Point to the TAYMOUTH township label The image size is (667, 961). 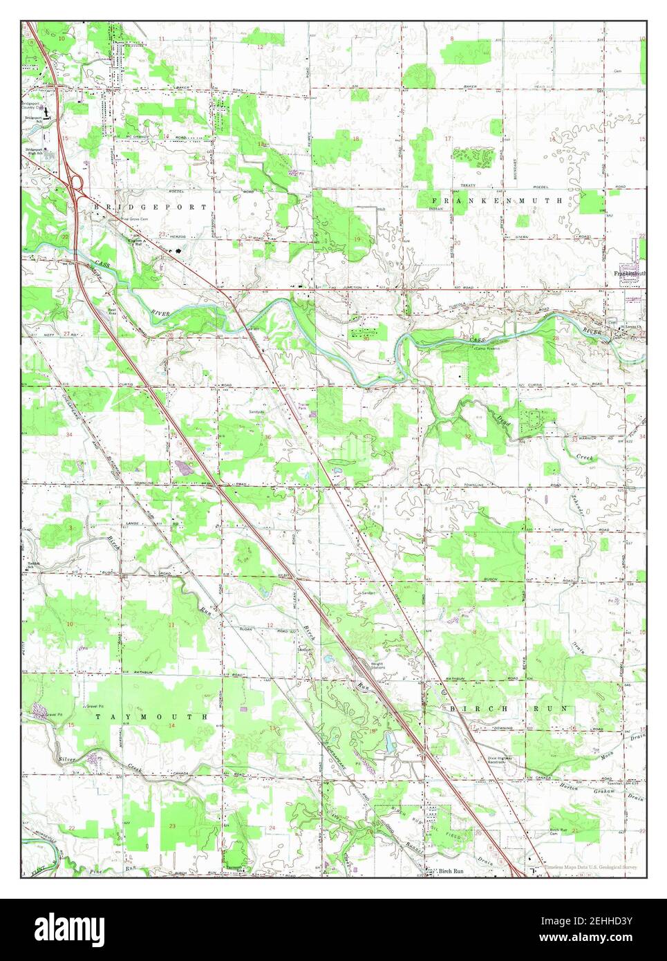pyautogui.click(x=151, y=717)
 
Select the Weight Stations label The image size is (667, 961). pyautogui.click(x=377, y=666)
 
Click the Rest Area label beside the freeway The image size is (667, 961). pyautogui.click(x=112, y=312)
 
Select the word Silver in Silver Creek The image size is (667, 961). pyautogui.click(x=68, y=759)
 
